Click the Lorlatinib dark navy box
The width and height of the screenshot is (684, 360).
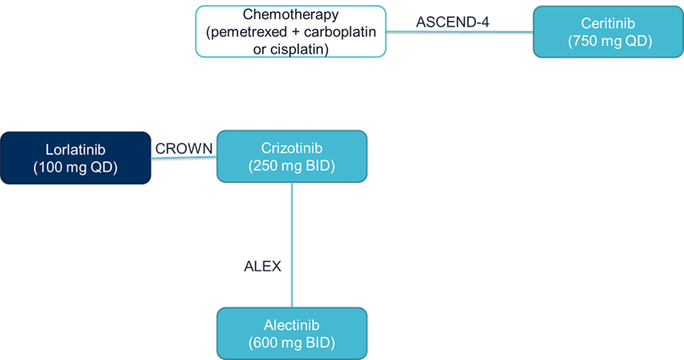(75, 158)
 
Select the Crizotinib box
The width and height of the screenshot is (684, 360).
(291, 157)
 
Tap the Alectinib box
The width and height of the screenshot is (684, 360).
(291, 334)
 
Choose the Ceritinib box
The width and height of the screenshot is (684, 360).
(608, 32)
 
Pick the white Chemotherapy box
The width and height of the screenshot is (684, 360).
(291, 32)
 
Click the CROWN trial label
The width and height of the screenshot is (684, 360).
(184, 148)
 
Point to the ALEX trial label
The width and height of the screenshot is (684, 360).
(262, 266)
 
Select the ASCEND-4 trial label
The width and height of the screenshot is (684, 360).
(452, 22)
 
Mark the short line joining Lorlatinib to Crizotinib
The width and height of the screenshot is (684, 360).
(184, 157)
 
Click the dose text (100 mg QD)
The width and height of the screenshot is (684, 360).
(75, 167)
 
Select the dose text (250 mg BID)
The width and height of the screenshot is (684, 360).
(291, 166)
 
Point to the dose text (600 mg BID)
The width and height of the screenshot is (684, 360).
(291, 343)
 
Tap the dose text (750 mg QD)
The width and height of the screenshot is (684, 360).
(610, 41)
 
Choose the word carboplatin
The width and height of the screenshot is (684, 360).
(340, 32)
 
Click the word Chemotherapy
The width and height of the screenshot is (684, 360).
(291, 14)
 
